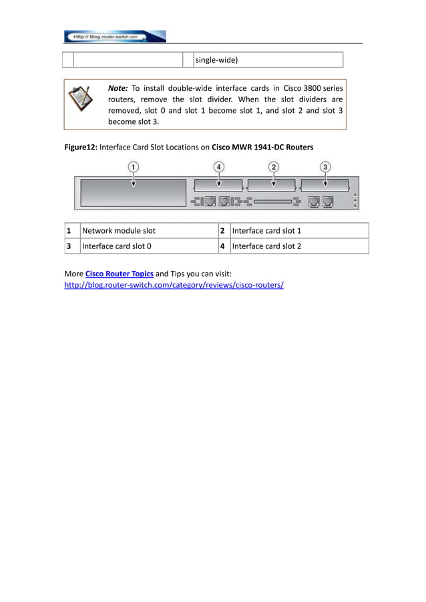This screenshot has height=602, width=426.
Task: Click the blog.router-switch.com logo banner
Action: [x=114, y=36]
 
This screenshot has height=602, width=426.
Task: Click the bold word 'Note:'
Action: [x=118, y=88]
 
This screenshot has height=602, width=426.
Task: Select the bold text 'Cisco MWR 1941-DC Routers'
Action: [x=262, y=147]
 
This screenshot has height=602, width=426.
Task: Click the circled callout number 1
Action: [x=134, y=166]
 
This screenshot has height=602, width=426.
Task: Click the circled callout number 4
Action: [x=219, y=166]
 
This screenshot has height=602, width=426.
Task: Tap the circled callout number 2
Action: [x=274, y=166]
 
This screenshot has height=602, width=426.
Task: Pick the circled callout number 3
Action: [x=325, y=166]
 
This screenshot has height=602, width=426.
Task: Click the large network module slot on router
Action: [x=134, y=194]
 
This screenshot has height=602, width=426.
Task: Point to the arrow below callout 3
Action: [x=325, y=180]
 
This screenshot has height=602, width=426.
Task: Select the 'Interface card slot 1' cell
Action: [x=298, y=231]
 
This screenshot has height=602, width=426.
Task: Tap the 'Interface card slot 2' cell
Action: [x=298, y=246]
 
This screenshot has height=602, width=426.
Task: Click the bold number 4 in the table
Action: [x=222, y=246]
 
